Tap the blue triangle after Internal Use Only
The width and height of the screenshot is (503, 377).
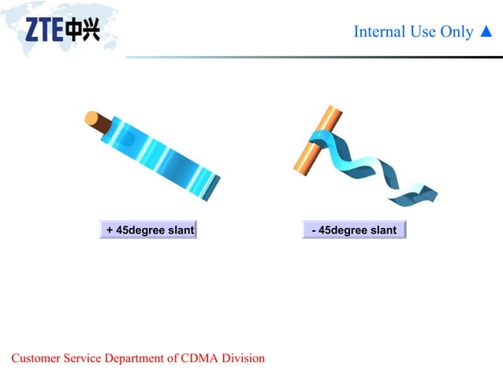[486, 32]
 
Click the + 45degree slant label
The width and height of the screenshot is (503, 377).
[147, 230]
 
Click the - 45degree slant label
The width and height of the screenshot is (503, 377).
[354, 230]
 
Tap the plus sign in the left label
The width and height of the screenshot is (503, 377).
[110, 230]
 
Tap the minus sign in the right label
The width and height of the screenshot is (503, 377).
[315, 230]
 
